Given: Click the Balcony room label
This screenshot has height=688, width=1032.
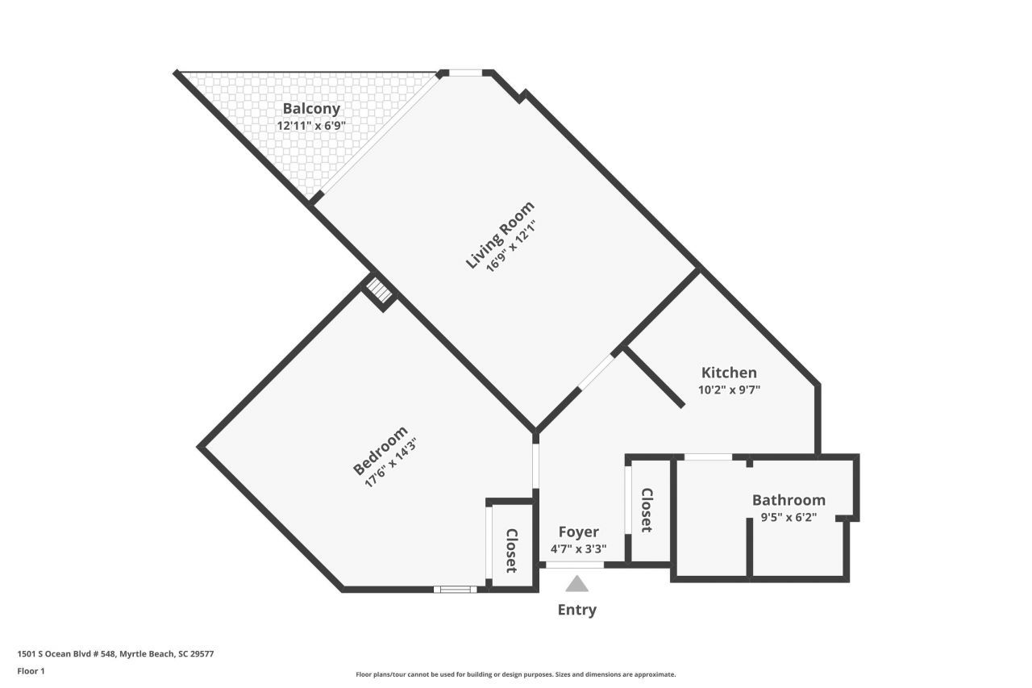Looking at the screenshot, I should click(x=311, y=109).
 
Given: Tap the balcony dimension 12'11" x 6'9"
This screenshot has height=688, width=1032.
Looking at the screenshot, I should click(x=311, y=126).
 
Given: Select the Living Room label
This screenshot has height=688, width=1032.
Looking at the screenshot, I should click(x=499, y=235).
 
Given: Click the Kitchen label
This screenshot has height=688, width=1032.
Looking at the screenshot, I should click(x=729, y=373).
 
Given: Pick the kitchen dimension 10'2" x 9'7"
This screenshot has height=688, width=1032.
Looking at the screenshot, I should click(x=729, y=390).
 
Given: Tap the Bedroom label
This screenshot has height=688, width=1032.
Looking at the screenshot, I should click(x=380, y=451).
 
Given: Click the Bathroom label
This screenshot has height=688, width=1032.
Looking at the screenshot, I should click(x=789, y=500).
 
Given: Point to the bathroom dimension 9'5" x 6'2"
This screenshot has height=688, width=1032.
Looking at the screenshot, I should click(x=789, y=518).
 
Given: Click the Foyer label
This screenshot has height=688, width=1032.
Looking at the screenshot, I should click(x=579, y=532).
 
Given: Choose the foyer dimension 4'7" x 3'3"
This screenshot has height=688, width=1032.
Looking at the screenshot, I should click(x=579, y=549).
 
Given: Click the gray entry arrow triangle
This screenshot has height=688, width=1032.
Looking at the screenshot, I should click(x=576, y=584).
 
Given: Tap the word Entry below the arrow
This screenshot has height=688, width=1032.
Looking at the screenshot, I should click(x=577, y=610).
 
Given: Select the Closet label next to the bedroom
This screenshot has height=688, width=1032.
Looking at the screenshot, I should click(x=511, y=550).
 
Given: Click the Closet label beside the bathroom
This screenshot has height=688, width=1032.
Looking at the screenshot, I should click(x=647, y=510).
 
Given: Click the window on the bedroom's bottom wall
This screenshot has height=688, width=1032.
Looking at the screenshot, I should click(x=455, y=590).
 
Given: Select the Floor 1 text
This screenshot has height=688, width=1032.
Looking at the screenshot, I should click(x=31, y=671).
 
